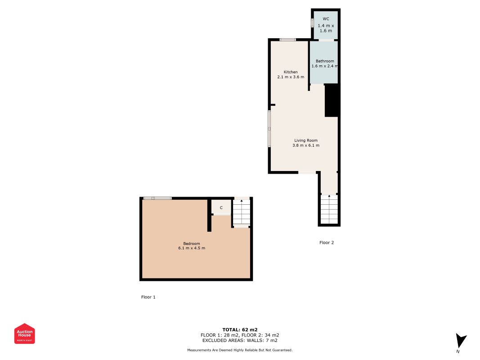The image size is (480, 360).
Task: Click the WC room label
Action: click(x=326, y=19)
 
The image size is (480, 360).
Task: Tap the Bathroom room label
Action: click(x=325, y=61)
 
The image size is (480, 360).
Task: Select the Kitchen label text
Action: click(x=290, y=72)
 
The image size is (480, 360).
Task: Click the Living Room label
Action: click(x=306, y=140)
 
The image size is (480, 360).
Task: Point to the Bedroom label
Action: click(x=191, y=243)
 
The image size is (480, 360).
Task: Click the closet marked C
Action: click(x=221, y=207)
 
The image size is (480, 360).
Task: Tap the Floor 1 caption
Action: click(x=148, y=297)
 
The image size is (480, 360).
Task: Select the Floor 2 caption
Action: click(x=327, y=243)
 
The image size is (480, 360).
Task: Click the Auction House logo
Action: click(x=25, y=333)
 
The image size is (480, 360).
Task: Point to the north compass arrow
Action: click(x=460, y=341)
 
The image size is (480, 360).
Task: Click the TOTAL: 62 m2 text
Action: click(x=240, y=329)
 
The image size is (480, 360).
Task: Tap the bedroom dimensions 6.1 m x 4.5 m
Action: click(x=192, y=248)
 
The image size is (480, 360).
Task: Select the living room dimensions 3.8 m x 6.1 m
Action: click(x=306, y=145)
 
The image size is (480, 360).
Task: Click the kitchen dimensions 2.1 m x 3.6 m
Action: click(x=291, y=77)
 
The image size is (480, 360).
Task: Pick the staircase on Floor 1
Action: click(x=242, y=212)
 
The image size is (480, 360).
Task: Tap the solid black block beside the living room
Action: click(x=331, y=101)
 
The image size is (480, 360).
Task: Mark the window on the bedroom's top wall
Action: click(x=157, y=198)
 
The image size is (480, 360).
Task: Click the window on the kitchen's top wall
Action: click(x=287, y=40)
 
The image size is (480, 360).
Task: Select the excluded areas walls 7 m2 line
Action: click(x=240, y=340)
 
